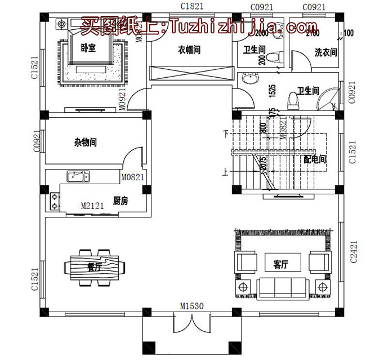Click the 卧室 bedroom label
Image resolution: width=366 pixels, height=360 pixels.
click(x=88, y=49)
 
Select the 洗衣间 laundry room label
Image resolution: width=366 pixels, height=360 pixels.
click(x=325, y=53)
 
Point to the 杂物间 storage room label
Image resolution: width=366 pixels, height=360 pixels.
click(x=85, y=143)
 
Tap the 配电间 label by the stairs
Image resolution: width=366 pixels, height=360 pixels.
click(x=314, y=159)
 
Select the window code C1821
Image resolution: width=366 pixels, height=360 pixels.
click(x=191, y=6)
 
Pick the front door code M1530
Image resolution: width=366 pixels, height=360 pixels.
click(x=191, y=306)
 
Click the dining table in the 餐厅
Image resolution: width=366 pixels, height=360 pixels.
click(x=93, y=265)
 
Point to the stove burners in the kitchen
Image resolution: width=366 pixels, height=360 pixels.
click(x=55, y=201)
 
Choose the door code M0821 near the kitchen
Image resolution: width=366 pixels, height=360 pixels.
click(x=133, y=177)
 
